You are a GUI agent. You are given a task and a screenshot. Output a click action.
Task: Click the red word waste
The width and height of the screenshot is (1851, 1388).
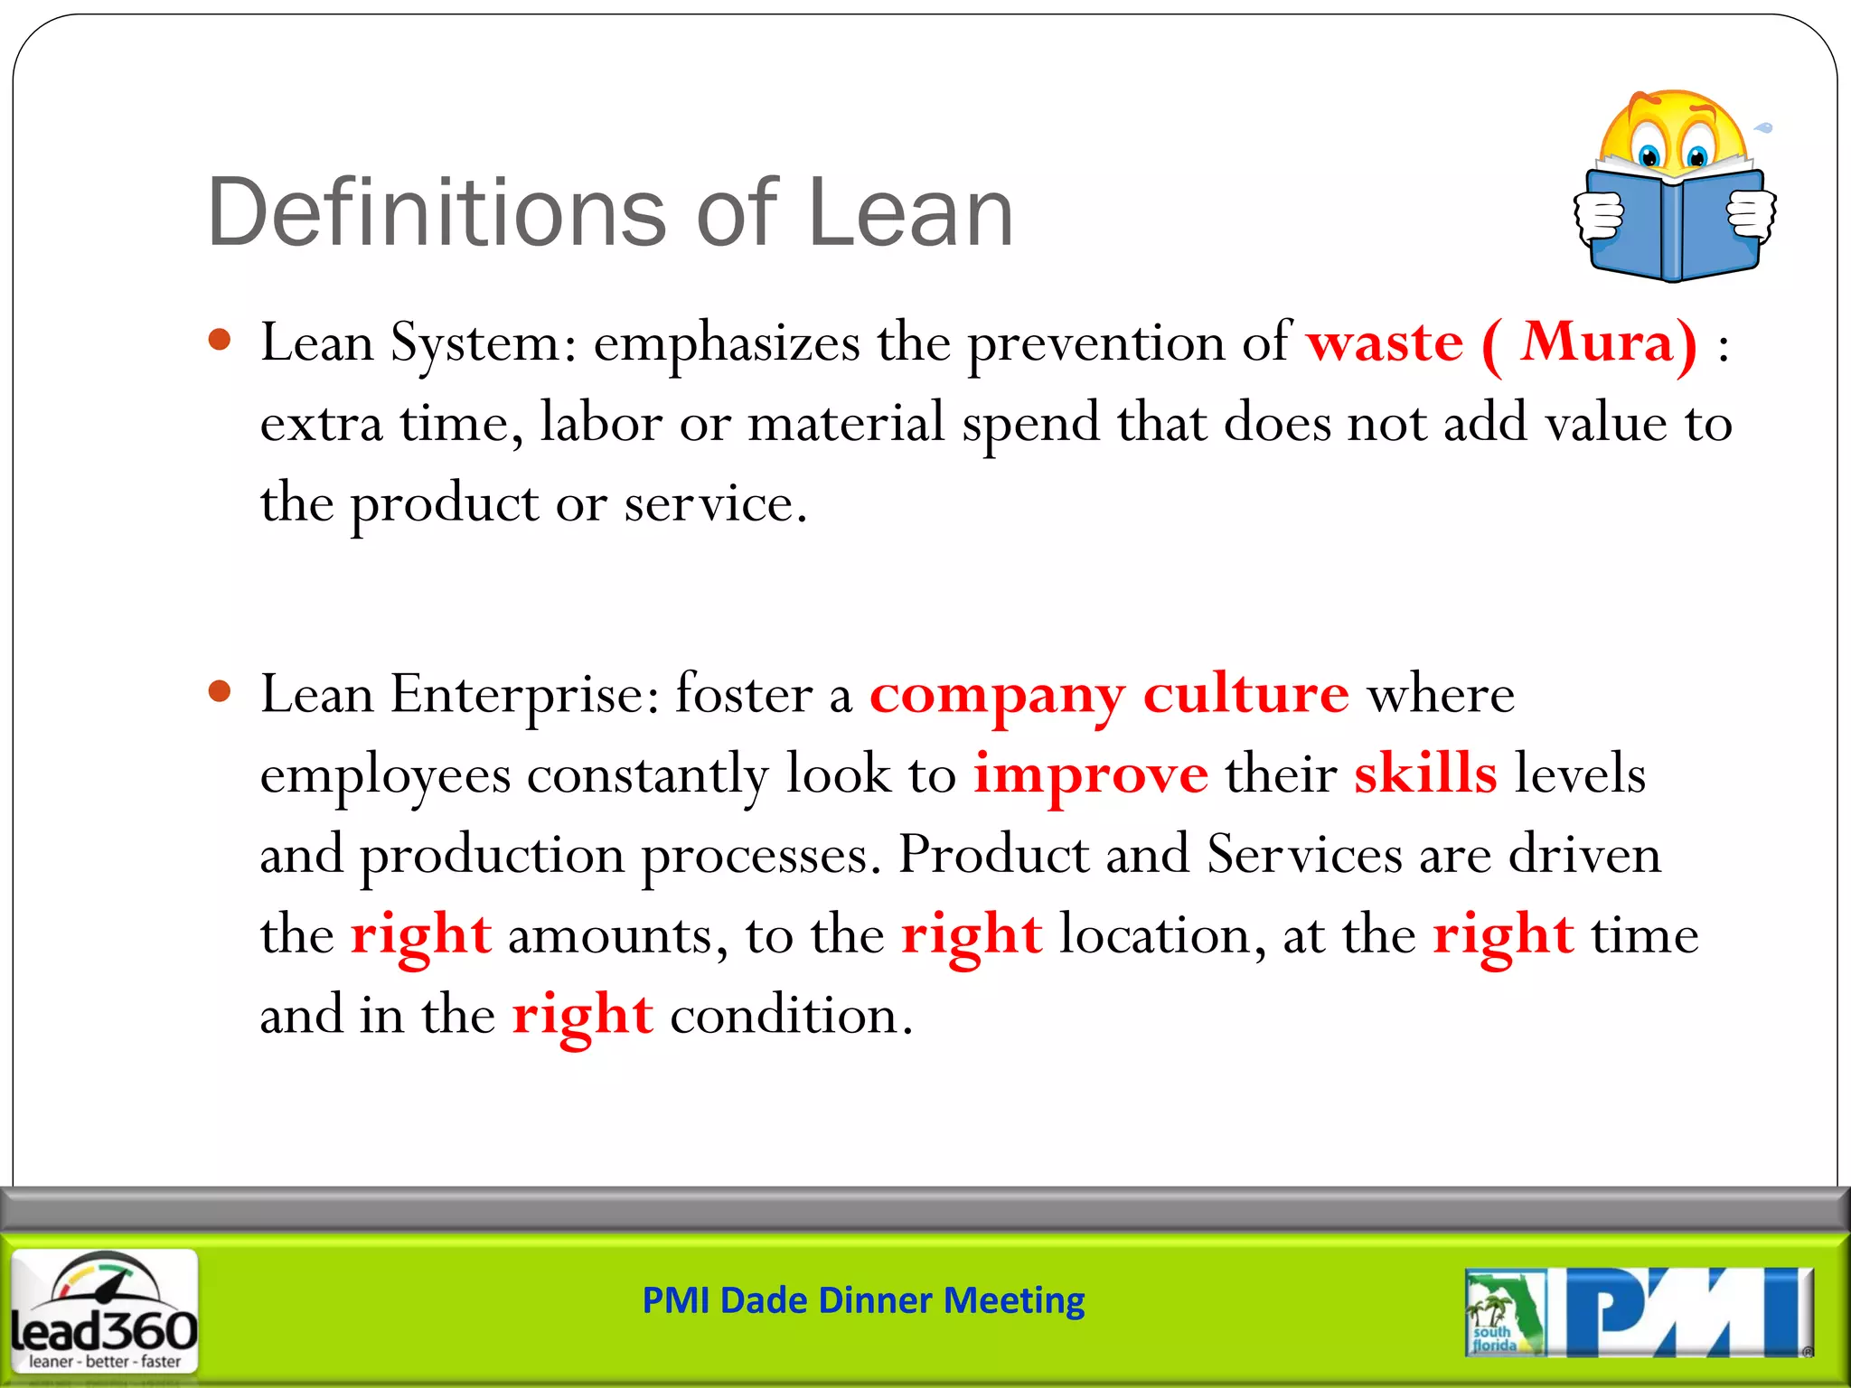[x=1385, y=343]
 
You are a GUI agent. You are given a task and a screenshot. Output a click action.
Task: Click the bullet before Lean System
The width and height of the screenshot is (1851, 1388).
[x=220, y=341]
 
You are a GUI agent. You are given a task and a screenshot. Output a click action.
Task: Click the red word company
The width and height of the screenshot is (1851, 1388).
[x=997, y=696]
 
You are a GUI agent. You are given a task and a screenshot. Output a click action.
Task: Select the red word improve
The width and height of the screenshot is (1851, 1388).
[x=1090, y=775]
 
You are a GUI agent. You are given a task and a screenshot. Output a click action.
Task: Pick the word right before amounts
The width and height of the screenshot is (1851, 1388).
[x=421, y=936]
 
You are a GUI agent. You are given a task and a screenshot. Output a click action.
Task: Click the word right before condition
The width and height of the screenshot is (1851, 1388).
[x=582, y=1017]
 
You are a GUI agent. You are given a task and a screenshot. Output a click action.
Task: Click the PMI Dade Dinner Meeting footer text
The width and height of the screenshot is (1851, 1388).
[x=863, y=1300]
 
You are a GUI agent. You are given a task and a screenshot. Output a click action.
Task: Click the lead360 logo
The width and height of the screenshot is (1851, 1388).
[x=104, y=1311]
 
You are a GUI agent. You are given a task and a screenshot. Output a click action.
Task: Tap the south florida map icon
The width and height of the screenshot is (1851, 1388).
[x=1504, y=1312]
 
